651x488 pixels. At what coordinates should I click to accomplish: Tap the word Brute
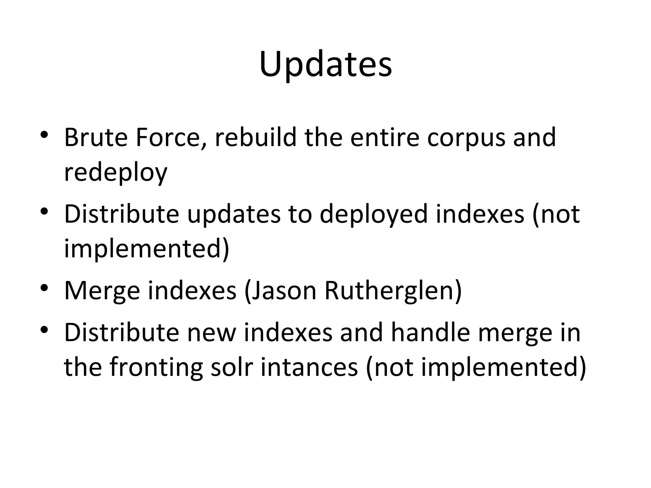tap(95, 138)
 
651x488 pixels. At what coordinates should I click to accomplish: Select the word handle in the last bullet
tap(430, 333)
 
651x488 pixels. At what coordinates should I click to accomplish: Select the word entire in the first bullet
tap(385, 138)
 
